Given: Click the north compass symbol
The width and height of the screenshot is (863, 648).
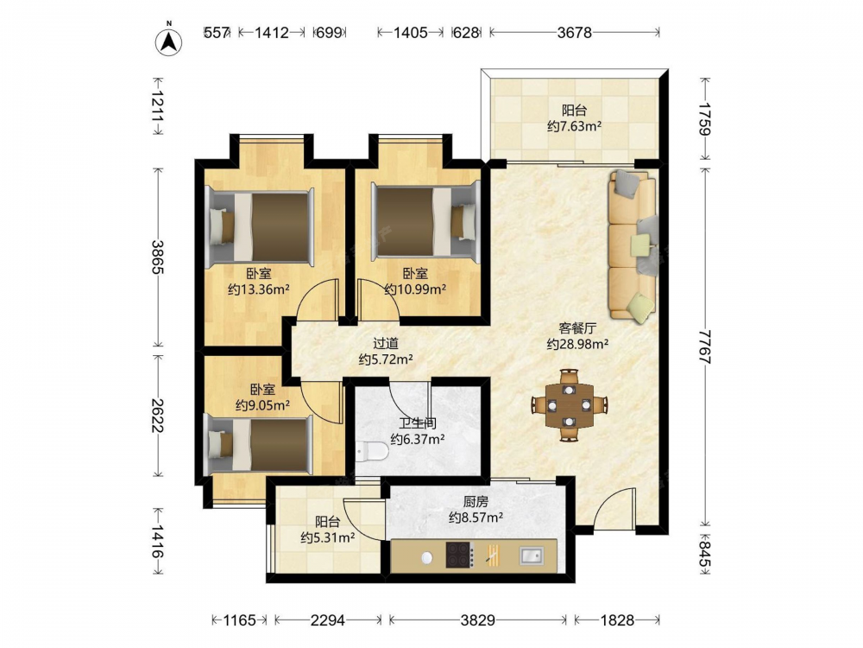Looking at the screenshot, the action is [x=169, y=41].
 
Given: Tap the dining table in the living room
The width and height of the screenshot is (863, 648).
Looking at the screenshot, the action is [x=569, y=405].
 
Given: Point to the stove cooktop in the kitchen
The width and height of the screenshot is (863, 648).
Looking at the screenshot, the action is [x=460, y=555].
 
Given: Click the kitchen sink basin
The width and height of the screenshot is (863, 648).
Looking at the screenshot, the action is [x=531, y=556].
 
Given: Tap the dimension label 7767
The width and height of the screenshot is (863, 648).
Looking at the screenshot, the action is [x=705, y=346].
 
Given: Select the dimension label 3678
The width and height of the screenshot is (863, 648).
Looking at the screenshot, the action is [x=574, y=33].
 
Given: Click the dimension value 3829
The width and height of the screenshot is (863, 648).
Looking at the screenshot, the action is [x=477, y=620].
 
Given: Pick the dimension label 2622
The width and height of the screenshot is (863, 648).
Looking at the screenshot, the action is [x=158, y=416].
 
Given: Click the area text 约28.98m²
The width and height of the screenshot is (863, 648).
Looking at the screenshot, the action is [x=577, y=345].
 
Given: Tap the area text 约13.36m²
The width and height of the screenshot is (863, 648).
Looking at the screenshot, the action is [x=259, y=289].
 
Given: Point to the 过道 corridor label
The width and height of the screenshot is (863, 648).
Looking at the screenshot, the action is [x=386, y=343].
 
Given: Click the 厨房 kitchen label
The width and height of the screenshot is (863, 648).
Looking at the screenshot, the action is [x=476, y=501].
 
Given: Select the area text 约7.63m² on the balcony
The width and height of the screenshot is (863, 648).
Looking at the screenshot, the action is [x=574, y=126].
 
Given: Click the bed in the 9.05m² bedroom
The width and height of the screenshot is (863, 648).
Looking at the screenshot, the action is [x=258, y=445].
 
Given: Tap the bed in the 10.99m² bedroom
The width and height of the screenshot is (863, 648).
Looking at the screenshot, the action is [x=425, y=222].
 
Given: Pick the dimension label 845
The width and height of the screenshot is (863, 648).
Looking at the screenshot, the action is [x=705, y=556].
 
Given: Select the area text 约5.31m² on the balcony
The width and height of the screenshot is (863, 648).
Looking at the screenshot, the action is [x=327, y=537].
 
